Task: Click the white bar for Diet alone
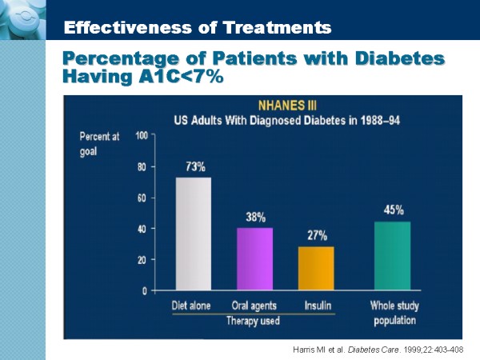[x=194, y=234]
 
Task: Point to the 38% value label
[x=256, y=217]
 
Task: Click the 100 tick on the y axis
[x=142, y=135]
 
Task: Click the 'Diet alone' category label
[x=193, y=306]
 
